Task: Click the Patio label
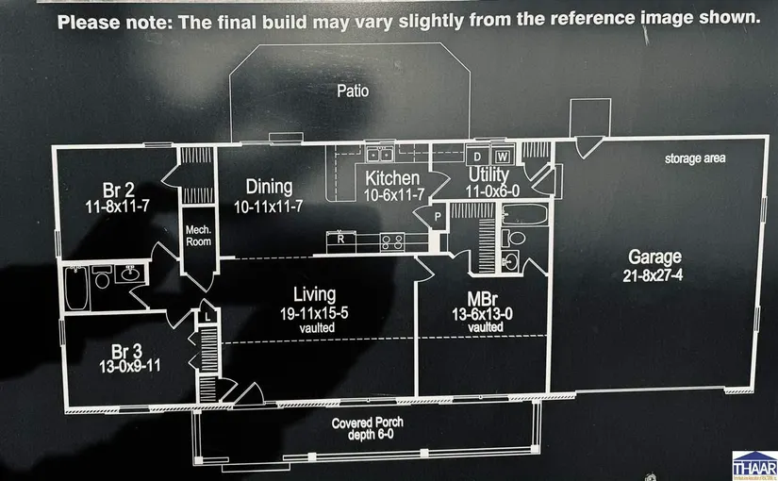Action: coord(353,91)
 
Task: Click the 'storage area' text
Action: coord(695,158)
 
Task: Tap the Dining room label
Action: coord(269,187)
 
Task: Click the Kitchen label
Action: coord(392,177)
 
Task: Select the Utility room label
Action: coord(488,175)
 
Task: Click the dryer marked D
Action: coord(477,156)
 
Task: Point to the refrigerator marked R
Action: coord(340,240)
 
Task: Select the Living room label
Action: coord(314,295)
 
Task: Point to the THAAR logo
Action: coord(753,463)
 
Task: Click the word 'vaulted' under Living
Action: coord(314,327)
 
